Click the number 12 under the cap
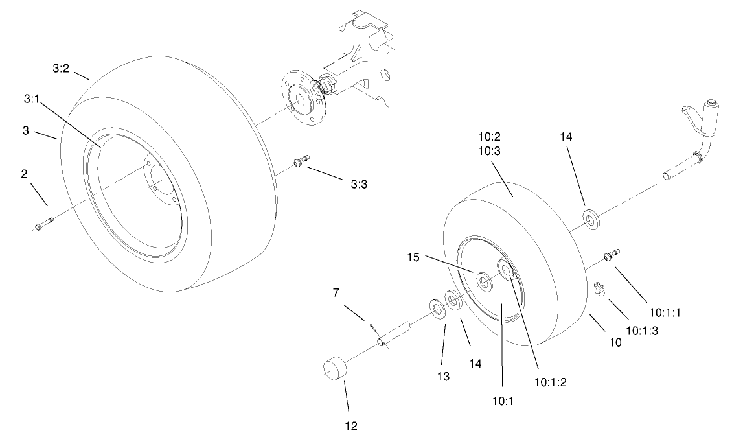pos(349,425)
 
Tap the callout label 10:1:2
pos(551,382)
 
